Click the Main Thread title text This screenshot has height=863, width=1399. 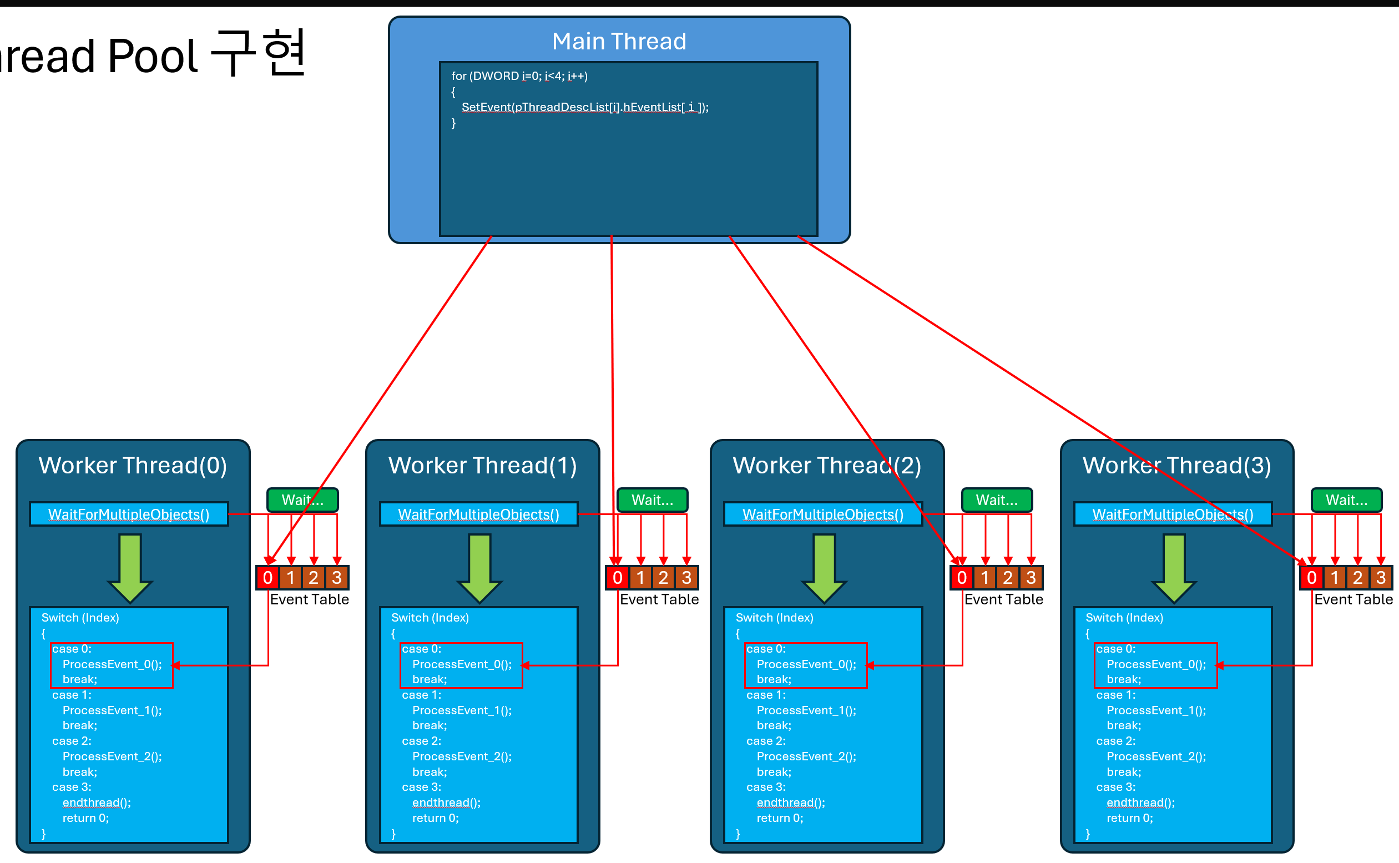click(619, 41)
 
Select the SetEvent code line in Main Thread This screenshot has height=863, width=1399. click(585, 107)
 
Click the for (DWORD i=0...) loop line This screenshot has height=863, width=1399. click(519, 76)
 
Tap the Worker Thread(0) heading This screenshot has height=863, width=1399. click(133, 465)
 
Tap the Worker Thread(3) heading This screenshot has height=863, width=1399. click(1176, 465)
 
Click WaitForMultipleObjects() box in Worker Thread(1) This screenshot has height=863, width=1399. click(478, 514)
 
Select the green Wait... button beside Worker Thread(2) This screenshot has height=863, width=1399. click(996, 500)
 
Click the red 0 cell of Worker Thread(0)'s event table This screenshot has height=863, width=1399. click(267, 578)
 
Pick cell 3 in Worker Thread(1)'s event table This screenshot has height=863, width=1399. click(686, 578)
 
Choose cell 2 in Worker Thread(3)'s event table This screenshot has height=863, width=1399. click(1357, 578)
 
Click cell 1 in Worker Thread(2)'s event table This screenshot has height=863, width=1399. click(985, 578)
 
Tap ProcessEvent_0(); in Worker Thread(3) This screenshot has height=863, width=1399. click(1156, 664)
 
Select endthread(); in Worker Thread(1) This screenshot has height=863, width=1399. click(446, 803)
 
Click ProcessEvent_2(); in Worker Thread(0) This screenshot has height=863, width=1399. click(112, 756)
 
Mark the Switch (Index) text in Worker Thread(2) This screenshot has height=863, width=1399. click(774, 618)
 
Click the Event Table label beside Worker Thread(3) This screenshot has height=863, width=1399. click(1353, 599)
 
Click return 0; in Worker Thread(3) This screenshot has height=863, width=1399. click(1130, 818)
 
